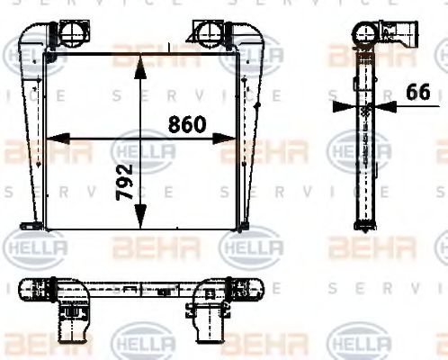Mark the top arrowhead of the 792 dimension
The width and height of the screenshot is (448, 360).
pos(140,61)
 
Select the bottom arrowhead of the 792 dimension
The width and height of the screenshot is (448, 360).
pos(140,222)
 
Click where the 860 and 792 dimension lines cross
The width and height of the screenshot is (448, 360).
pos(140,139)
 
